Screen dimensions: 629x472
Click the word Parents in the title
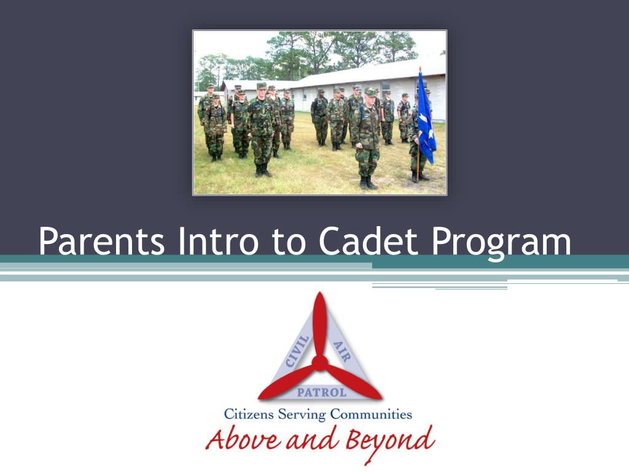102,242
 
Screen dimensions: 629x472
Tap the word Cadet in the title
369,241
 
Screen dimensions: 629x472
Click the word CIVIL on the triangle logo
297,352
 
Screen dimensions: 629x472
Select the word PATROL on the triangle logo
321,392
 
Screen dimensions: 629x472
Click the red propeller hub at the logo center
319,363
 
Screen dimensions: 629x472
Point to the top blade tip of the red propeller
319,293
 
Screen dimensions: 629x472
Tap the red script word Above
243,439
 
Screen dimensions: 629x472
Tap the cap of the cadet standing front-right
370,92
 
